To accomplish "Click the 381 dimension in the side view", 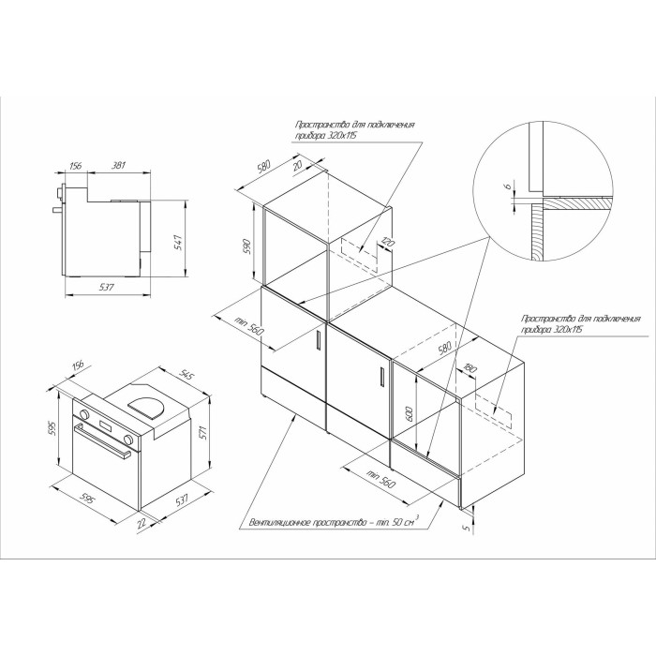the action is (118, 165).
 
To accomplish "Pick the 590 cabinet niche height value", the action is (246, 246).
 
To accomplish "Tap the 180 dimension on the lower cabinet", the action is (470, 368).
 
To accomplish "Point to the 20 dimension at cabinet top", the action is (297, 166).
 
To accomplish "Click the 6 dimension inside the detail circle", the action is (508, 187).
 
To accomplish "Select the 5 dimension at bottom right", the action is (468, 529).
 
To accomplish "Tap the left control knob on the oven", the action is (84, 414).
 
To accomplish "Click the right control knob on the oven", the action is (129, 440).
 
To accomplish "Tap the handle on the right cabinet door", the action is (381, 377).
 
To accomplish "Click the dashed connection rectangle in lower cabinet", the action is (493, 410).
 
